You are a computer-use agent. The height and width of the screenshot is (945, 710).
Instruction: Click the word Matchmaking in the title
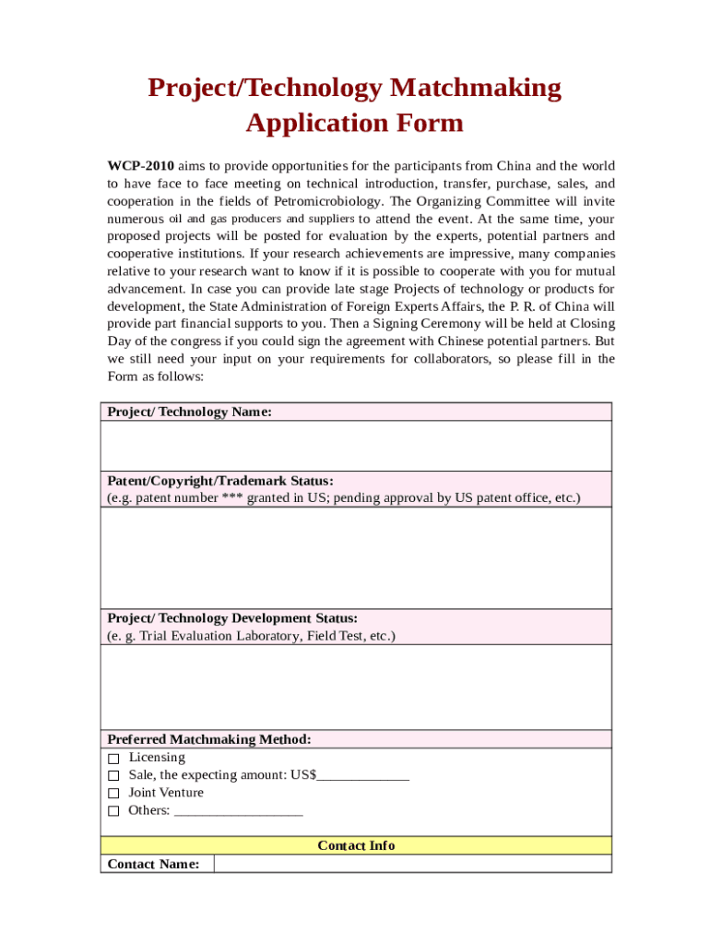475,88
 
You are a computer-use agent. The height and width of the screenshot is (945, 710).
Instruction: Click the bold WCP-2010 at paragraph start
140,166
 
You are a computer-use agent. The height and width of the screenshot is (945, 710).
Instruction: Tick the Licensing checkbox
113,758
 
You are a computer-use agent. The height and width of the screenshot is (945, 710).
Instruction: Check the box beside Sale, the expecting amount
113,776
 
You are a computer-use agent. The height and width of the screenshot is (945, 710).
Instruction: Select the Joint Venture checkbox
113,794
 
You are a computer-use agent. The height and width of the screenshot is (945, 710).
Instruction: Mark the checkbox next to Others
113,811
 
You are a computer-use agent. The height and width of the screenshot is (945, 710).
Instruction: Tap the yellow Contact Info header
356,845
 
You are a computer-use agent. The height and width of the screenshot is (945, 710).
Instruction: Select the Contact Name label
153,865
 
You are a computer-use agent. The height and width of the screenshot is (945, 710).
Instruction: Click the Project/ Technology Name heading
189,412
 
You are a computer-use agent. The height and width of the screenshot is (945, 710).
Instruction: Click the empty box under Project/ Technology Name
356,446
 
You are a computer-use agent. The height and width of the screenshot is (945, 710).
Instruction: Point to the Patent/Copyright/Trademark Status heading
220,481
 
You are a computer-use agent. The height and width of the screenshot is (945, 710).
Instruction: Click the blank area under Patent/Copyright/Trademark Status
356,557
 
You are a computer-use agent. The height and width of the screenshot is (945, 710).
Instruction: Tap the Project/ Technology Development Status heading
232,618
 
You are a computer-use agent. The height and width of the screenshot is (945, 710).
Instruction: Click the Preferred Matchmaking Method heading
209,739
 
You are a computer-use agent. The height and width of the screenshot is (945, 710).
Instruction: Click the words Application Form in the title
355,123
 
